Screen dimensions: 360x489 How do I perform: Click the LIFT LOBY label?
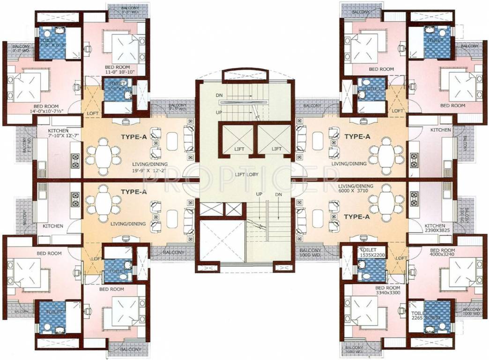[x=244, y=174]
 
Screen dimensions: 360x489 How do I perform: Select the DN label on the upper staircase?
[x=219, y=95]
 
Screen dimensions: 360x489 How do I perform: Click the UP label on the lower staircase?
[x=258, y=194]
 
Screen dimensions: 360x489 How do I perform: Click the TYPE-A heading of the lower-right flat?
[x=357, y=217]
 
